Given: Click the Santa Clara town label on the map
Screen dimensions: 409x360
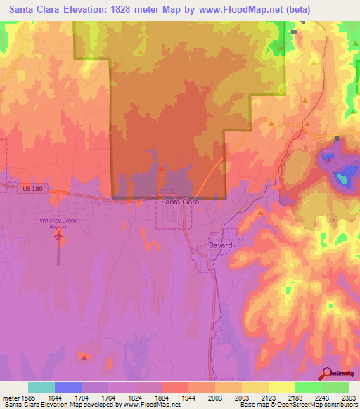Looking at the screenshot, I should coord(180,202).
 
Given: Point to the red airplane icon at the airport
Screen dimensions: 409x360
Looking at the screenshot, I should coord(58,235).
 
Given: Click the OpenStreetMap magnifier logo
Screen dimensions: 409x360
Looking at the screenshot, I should coord(328,374).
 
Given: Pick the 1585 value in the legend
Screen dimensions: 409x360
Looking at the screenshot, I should coord(27,396).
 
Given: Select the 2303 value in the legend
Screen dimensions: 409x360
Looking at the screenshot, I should coord(348,396).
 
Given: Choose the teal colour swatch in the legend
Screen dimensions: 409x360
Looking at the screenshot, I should coord(41,387).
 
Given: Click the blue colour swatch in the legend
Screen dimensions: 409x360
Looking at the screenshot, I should coord(68,387).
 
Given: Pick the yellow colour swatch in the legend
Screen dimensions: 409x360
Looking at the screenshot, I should coord(282,387).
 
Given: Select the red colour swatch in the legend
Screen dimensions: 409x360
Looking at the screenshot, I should coord(175,387).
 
